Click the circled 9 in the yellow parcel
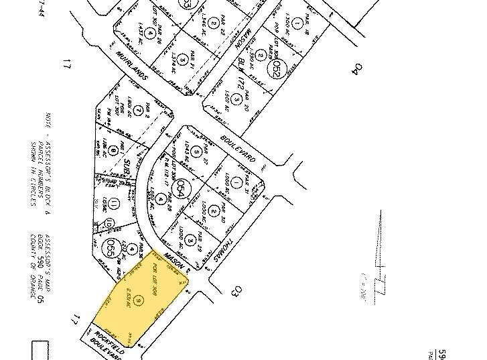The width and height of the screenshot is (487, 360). (x=139, y=299)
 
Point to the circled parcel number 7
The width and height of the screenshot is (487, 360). (x=139, y=109)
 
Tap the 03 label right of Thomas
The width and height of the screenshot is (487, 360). (x=235, y=292)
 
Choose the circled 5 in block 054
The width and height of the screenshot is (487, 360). (x=195, y=152)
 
